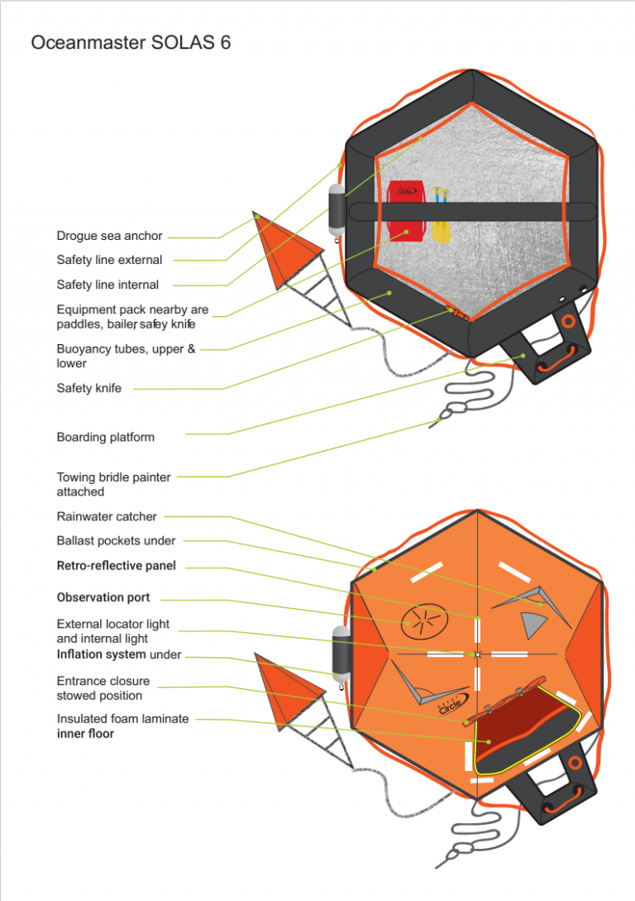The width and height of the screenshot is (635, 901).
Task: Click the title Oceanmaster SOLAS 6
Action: [x=131, y=43]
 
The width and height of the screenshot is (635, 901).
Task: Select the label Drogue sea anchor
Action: [x=109, y=237]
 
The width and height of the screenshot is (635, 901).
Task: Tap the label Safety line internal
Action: [x=107, y=285]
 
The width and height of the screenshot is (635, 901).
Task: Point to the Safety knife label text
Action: [x=88, y=388]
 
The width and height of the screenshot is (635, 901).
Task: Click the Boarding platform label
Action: [x=105, y=437]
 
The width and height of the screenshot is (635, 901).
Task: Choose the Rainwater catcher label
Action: [x=106, y=516]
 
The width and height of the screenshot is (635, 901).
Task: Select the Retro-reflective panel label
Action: [x=116, y=567]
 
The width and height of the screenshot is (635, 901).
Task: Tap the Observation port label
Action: [x=103, y=597]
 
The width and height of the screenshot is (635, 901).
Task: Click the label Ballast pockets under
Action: [x=116, y=541]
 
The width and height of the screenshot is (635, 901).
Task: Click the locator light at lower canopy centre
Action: [x=477, y=654]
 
